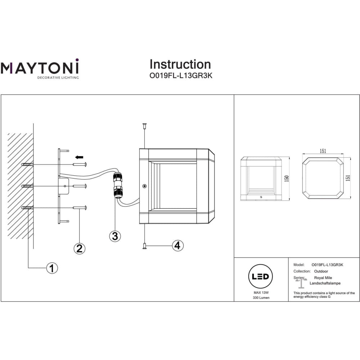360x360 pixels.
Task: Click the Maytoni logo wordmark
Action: click(x=39, y=67)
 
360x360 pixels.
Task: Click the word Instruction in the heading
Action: click(x=180, y=64)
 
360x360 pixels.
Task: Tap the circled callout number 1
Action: click(x=52, y=268)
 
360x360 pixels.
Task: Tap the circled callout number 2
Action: click(x=80, y=248)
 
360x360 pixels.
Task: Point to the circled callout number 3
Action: click(x=115, y=236)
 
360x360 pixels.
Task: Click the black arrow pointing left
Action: click(x=79, y=157)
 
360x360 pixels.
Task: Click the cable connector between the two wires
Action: click(x=117, y=185)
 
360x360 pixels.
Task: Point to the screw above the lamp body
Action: click(x=144, y=126)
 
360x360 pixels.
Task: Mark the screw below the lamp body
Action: click(x=144, y=246)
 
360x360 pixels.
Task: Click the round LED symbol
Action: click(x=261, y=277)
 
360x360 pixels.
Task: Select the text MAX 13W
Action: click(x=261, y=293)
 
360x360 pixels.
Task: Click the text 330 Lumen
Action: click(x=261, y=298)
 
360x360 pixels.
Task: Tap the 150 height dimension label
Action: click(x=287, y=178)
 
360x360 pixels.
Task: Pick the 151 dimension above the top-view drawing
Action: click(x=323, y=151)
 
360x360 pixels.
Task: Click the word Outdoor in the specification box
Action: click(x=321, y=271)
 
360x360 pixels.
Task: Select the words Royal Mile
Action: click(x=323, y=278)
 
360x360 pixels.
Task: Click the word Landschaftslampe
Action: click(x=325, y=283)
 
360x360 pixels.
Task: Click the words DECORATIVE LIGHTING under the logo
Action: click(x=58, y=77)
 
